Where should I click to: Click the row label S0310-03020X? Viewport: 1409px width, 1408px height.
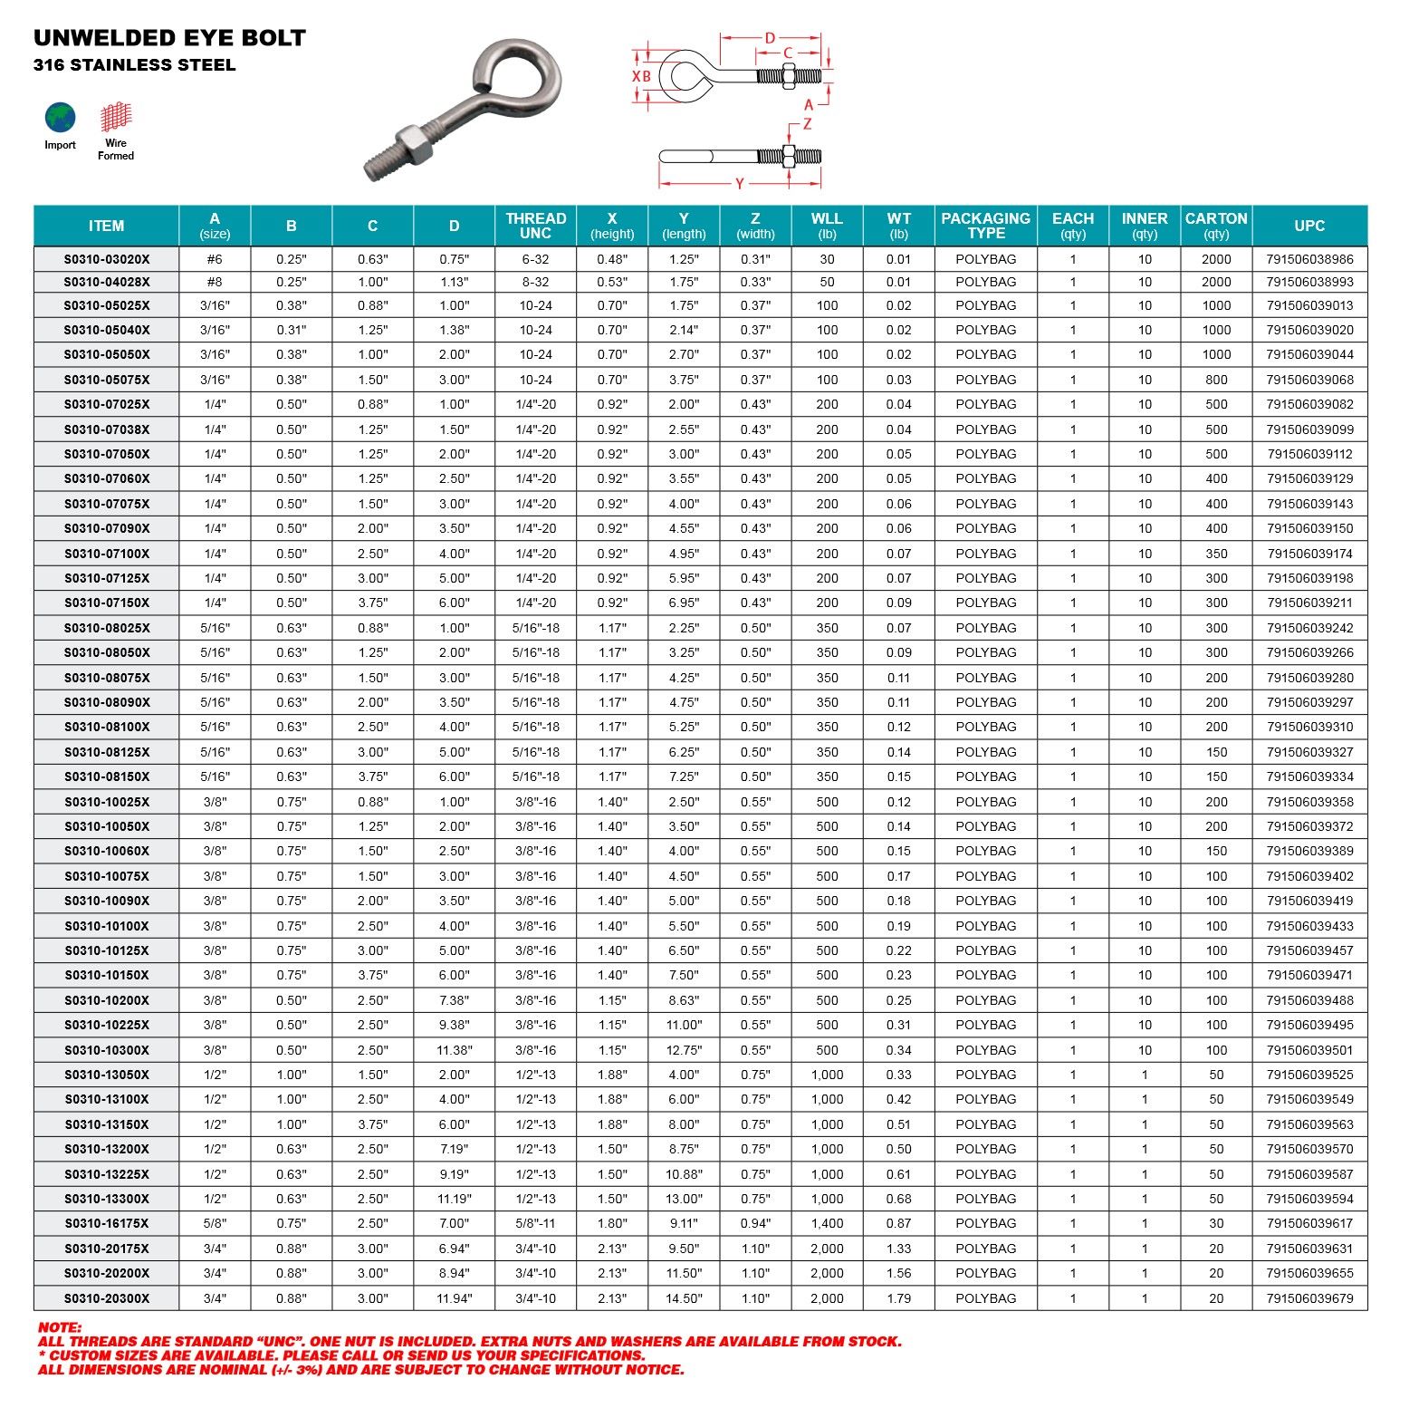click(x=107, y=259)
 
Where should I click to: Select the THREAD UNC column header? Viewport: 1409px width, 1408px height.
click(x=535, y=226)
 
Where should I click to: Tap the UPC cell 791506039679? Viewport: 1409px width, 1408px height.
click(x=1309, y=1298)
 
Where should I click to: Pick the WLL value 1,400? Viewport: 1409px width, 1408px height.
click(x=827, y=1223)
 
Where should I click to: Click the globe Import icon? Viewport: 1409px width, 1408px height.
click(x=61, y=119)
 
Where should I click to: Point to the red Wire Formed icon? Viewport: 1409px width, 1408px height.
click(x=116, y=117)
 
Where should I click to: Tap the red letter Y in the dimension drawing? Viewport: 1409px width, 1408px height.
click(x=739, y=184)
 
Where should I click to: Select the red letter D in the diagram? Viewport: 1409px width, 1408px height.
click(x=770, y=38)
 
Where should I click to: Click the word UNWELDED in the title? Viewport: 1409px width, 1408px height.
click(x=91, y=38)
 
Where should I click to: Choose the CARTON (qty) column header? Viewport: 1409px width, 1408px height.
click(x=1216, y=226)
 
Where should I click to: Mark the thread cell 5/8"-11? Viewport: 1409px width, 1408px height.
click(x=535, y=1223)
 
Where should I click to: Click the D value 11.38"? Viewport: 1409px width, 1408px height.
click(x=454, y=1050)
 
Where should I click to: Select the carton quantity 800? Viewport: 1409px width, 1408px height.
click(x=1216, y=380)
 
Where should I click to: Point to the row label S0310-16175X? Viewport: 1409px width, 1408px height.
click(x=107, y=1223)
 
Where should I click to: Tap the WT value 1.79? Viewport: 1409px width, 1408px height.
click(x=898, y=1298)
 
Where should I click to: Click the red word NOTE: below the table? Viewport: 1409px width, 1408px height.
click(x=60, y=1327)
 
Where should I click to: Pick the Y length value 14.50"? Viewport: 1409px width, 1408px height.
click(x=684, y=1298)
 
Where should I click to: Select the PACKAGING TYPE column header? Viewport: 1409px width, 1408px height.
click(x=985, y=226)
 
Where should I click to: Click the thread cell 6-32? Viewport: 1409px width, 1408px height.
click(x=535, y=259)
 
